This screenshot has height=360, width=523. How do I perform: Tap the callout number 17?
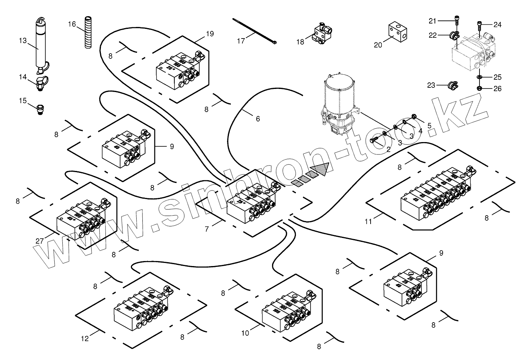241,41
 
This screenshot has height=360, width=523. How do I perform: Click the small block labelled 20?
395,31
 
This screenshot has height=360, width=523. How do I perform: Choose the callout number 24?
497,25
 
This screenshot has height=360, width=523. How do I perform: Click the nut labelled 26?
480,89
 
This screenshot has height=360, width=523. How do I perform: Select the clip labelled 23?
452,84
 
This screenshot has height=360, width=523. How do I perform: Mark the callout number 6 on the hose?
258,119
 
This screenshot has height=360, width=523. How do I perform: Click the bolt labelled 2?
375,141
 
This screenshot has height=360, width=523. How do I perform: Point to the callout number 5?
429,125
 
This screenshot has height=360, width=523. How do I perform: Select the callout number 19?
210,34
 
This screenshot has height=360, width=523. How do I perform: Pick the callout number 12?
85,339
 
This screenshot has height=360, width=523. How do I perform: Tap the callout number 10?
245,333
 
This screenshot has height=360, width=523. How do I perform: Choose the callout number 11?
369,221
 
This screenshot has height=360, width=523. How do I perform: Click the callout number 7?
207,229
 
